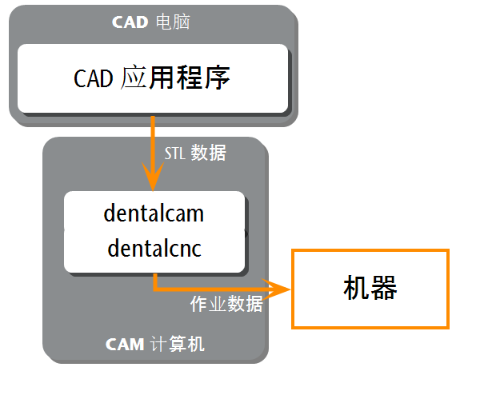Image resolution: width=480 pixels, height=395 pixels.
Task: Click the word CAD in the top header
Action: point(130,22)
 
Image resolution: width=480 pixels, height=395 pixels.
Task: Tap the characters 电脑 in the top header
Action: point(173,22)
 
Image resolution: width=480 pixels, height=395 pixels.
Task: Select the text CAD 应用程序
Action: point(152,78)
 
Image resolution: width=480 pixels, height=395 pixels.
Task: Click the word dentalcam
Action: point(154,213)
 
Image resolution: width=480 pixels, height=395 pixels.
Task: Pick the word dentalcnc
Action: point(154,248)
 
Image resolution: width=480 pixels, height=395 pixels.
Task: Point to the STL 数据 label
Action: point(196,153)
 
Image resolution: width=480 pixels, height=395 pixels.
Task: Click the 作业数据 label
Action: point(226,304)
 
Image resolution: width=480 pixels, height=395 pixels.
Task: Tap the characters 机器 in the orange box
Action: point(370,288)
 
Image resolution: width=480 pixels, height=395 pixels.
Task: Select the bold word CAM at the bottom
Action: point(125,344)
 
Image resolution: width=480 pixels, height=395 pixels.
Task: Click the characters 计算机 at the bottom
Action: point(178,344)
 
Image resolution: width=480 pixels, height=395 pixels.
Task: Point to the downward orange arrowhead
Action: point(153,177)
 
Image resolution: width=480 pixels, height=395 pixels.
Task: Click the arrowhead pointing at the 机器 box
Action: point(276,289)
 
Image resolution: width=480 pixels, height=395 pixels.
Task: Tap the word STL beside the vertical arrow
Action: point(174,154)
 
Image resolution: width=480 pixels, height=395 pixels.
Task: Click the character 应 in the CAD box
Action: point(133,78)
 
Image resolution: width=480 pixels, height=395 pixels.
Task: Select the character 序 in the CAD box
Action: point(218,78)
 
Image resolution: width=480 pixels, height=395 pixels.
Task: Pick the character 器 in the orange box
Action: point(384,288)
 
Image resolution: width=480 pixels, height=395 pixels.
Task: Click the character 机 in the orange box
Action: point(357,288)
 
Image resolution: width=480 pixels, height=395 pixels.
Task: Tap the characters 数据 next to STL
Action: point(209,153)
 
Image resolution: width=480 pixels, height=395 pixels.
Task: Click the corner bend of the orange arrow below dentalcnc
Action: point(155,289)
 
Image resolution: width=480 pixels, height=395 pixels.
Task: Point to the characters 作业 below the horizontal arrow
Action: point(209,304)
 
